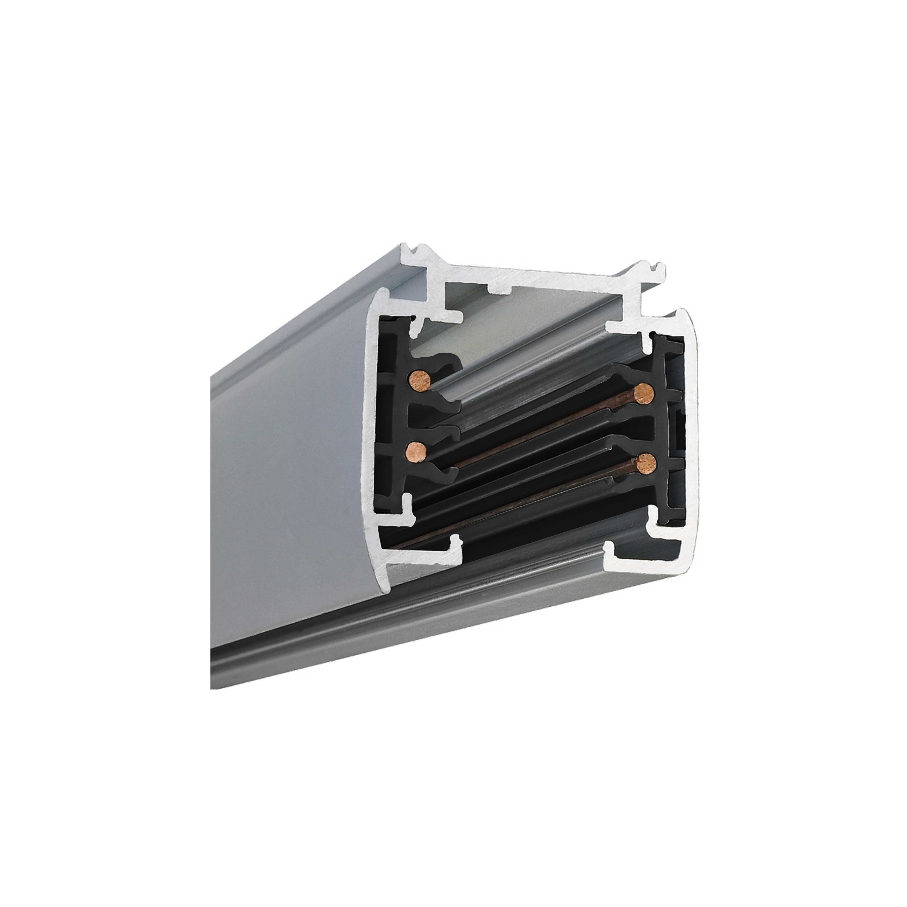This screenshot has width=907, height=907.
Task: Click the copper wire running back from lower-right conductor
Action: coord(516,512)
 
